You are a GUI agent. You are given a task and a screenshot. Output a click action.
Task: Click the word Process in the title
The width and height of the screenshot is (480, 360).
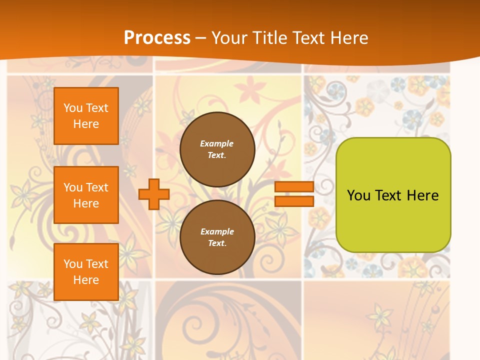(157, 38)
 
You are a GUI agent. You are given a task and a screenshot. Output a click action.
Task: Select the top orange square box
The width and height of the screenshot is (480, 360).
(86, 116)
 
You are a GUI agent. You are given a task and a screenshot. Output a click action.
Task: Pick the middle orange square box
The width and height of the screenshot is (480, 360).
(86, 195)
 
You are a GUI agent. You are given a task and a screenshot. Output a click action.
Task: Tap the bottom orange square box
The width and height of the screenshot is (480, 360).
(86, 271)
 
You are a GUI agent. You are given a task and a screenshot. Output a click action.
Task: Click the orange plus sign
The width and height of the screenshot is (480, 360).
(154, 194)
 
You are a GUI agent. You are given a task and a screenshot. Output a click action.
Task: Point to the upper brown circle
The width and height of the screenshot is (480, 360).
(217, 149)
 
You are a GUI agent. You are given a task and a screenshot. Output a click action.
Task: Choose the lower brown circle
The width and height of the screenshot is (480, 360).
(217, 237)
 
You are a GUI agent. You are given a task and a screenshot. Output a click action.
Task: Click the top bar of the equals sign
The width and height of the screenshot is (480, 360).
(294, 187)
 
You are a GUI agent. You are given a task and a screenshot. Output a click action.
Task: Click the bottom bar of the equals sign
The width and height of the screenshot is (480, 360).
(294, 201)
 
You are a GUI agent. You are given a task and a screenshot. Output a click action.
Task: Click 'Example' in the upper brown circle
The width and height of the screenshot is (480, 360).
(217, 144)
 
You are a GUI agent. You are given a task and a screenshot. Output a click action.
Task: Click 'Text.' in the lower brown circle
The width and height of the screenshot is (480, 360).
(217, 243)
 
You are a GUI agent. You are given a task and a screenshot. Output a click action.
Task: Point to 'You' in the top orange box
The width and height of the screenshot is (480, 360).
(73, 108)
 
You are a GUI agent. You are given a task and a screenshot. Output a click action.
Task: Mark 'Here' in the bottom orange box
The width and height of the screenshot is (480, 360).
(86, 280)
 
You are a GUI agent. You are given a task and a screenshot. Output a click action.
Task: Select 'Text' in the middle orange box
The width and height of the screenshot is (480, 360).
(97, 187)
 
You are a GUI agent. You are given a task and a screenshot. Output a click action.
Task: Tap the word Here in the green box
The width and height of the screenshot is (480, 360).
(423, 195)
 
